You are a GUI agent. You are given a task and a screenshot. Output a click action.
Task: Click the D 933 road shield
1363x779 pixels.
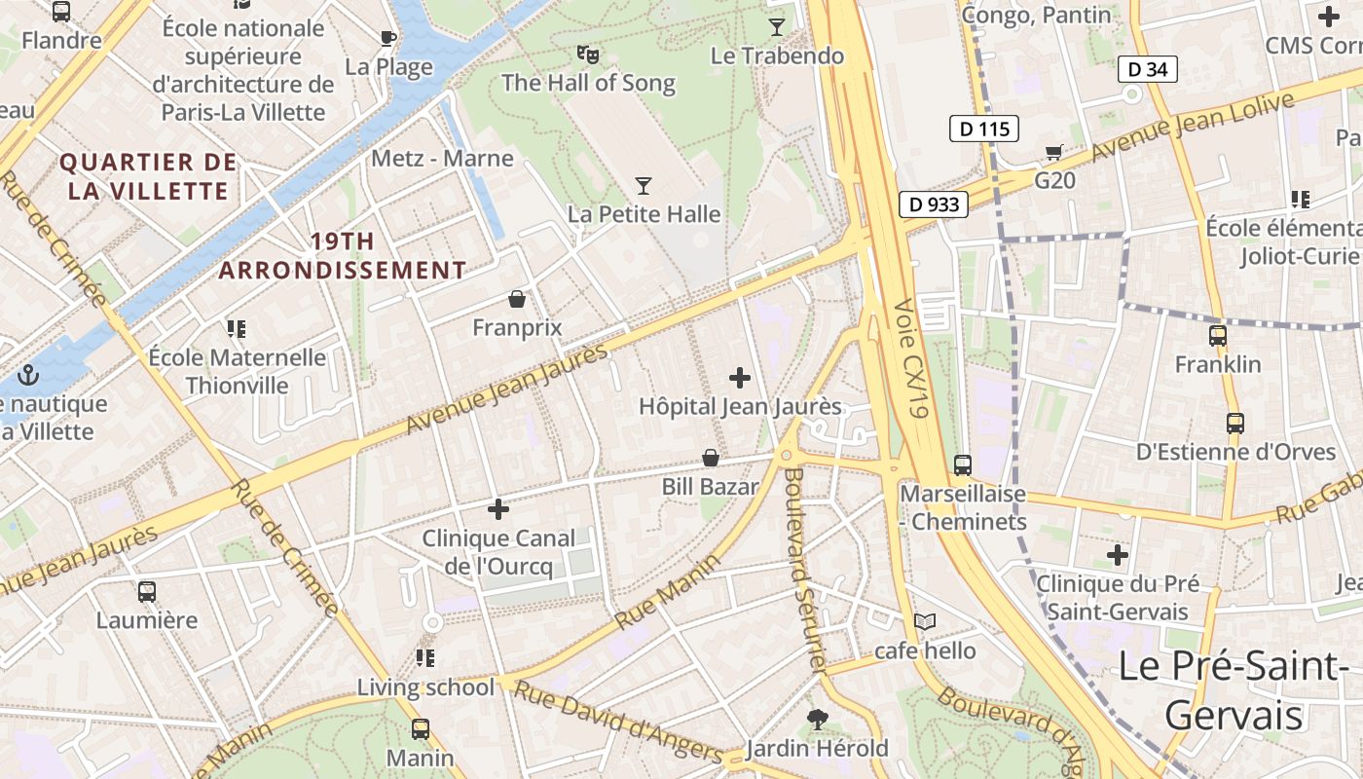coord(933,204)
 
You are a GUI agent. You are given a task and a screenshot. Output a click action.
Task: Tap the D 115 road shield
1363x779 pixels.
coord(983,129)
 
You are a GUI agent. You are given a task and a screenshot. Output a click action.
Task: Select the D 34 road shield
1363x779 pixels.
coord(1147,69)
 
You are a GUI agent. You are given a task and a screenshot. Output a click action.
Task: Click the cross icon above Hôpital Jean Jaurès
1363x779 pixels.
coord(740,378)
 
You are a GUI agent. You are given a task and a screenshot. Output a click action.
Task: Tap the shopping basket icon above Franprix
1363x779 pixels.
coord(517,298)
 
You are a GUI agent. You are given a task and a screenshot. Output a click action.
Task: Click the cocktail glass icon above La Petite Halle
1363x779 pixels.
coord(644,185)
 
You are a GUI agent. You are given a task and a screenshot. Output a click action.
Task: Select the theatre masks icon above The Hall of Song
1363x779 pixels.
coord(587,54)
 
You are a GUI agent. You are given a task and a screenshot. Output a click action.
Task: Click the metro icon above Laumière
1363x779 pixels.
coord(147,591)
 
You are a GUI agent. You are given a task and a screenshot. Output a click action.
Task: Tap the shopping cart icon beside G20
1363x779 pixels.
coord(1053,152)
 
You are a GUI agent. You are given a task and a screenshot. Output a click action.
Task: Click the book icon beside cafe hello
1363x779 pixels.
coord(925,621)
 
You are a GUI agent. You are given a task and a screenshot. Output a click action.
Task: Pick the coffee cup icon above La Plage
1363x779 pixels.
coord(388,38)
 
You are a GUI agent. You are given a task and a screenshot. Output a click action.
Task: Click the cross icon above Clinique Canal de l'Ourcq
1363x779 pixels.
coord(498,509)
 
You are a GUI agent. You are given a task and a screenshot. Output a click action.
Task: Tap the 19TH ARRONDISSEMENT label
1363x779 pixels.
coord(342,256)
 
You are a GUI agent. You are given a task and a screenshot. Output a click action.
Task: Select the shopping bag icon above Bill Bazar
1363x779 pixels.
coord(712,458)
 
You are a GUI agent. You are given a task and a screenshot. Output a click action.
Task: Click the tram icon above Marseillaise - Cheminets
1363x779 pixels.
coord(963,465)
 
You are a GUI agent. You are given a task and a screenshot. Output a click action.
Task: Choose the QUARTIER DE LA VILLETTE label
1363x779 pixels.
coord(148,176)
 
